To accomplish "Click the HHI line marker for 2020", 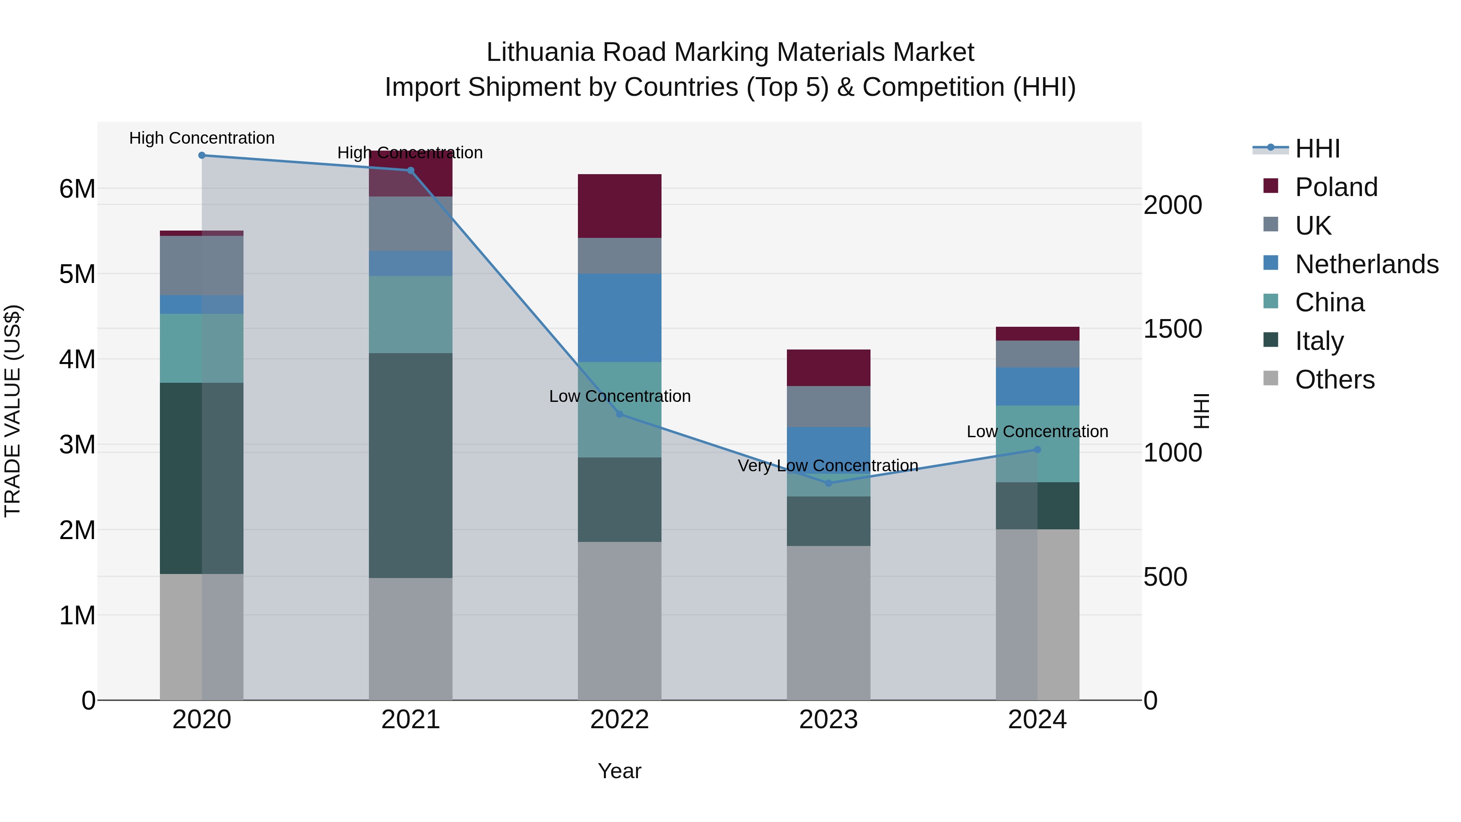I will click(202, 155).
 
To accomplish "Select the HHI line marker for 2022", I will click(619, 415).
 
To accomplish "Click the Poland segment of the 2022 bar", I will click(619, 206).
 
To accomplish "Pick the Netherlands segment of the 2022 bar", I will click(619, 318).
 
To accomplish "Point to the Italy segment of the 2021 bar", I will click(411, 465).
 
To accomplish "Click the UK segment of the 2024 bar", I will click(1037, 354).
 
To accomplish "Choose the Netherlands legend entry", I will click(1366, 264).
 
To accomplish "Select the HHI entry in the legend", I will click(1317, 149).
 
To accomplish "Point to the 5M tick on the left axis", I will click(77, 274).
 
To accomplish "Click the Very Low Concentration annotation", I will click(827, 466).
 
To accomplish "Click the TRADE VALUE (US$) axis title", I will click(13, 411).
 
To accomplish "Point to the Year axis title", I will click(619, 771).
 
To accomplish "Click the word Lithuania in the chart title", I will click(541, 52).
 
